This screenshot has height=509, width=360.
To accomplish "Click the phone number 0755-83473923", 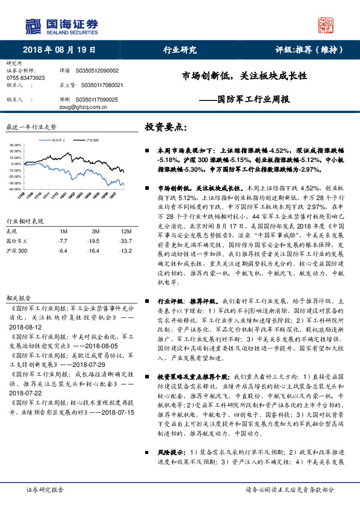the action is tap(25, 79).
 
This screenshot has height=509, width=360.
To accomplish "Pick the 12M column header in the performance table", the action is tap(125, 232).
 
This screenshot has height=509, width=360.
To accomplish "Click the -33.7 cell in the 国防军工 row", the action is tap(125, 241).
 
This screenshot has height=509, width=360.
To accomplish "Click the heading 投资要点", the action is tap(166, 128).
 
